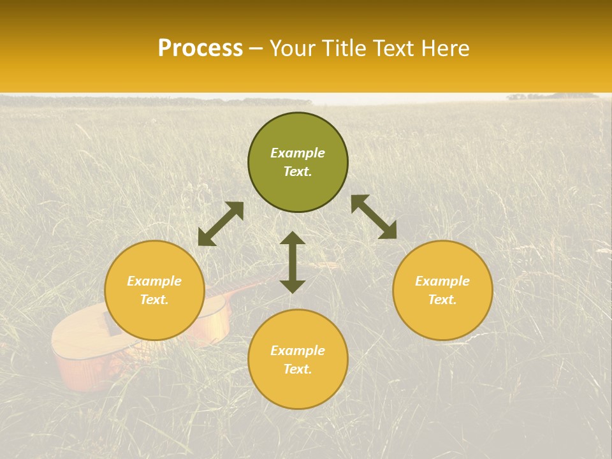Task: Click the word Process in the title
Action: (200, 48)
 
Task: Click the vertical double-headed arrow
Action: (293, 262)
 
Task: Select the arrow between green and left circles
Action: (221, 224)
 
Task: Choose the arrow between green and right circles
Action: (374, 217)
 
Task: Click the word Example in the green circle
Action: (298, 153)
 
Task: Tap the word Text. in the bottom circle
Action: (298, 369)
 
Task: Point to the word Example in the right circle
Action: (442, 281)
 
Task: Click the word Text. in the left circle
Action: (154, 300)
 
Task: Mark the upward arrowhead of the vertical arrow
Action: (293, 238)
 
